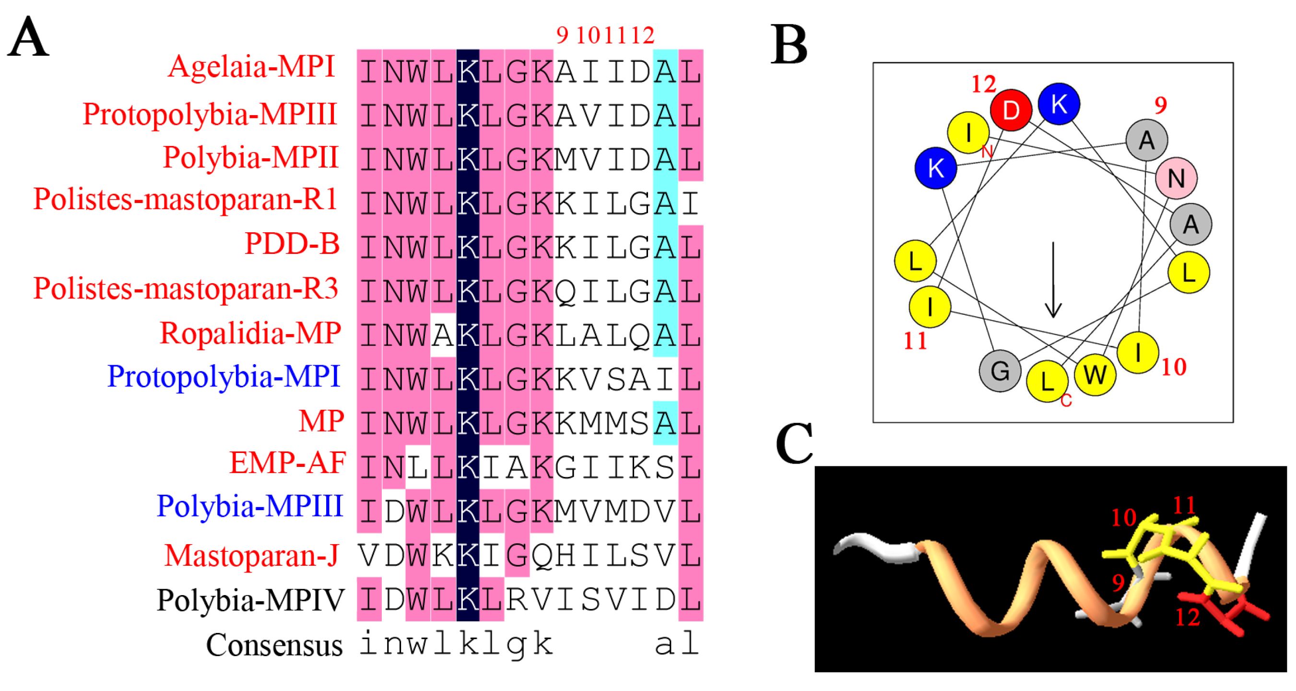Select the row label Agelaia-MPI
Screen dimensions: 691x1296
251,66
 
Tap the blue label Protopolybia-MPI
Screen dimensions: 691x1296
224,377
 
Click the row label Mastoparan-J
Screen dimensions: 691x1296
251,556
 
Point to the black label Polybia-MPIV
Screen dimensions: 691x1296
250,600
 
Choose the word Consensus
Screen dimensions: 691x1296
274,645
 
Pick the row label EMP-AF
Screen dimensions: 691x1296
288,463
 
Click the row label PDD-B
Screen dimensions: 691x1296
292,244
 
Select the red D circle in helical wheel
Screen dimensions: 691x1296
1011,110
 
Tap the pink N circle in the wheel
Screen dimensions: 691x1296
1176,178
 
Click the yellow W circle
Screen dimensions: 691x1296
1095,375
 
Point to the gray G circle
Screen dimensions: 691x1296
1000,371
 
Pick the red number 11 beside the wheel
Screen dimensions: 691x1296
915,341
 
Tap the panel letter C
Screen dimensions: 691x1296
794,443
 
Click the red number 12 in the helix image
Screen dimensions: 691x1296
1187,617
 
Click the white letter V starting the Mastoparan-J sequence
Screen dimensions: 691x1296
369,556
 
